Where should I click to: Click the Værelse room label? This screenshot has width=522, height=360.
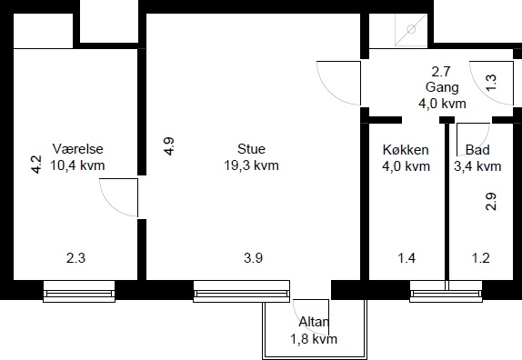click(78, 149)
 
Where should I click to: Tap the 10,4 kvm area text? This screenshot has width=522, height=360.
click(77, 165)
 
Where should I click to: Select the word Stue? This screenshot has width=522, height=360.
click(251, 149)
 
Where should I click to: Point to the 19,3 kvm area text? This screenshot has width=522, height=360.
click(251, 165)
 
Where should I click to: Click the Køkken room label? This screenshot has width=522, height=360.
click(406, 150)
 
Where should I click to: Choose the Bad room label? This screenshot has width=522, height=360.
click(477, 150)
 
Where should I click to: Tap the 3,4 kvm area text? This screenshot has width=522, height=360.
click(477, 166)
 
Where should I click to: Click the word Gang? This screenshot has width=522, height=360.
click(442, 87)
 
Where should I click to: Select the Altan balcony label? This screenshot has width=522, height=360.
click(314, 322)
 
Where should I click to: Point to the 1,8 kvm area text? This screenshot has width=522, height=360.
click(314, 339)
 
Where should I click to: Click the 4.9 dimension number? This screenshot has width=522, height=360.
click(169, 146)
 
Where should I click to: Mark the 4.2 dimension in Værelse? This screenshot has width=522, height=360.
click(36, 165)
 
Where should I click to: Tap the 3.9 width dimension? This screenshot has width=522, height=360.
click(254, 258)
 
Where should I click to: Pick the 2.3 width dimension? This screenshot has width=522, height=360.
click(75, 258)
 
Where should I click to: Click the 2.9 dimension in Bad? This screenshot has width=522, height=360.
click(491, 202)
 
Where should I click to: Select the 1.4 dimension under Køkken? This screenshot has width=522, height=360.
click(407, 258)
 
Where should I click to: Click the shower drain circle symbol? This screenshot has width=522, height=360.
click(411, 29)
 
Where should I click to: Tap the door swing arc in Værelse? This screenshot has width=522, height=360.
click(113, 204)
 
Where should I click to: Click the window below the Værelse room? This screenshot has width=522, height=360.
click(79, 292)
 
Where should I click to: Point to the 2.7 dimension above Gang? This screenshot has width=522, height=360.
click(441, 72)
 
